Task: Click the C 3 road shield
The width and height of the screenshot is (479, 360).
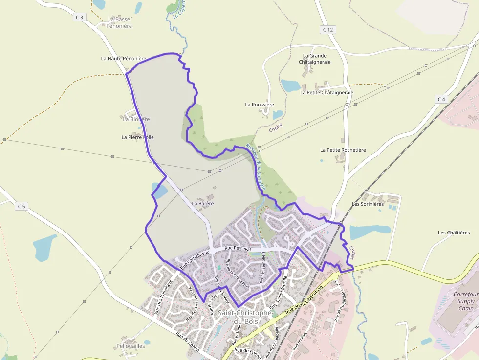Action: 80,17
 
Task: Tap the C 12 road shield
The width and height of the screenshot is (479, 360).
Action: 328,30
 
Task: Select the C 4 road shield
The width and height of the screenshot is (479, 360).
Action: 441,99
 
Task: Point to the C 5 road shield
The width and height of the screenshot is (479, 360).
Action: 21,206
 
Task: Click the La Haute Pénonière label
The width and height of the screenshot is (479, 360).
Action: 123,58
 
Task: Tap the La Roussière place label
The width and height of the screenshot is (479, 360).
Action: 260,105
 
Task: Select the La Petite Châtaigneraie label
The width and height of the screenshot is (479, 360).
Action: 327,92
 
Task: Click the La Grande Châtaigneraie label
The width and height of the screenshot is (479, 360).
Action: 314,59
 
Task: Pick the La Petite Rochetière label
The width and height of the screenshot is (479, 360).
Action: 343,150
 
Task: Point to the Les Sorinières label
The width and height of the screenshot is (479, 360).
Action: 368,203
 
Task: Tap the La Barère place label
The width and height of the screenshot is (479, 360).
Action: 203,203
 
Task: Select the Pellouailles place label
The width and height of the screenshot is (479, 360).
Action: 131,345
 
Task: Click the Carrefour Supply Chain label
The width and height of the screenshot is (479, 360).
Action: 465,301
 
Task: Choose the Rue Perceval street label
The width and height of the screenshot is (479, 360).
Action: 238,249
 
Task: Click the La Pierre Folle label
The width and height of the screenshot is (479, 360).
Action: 137,137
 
